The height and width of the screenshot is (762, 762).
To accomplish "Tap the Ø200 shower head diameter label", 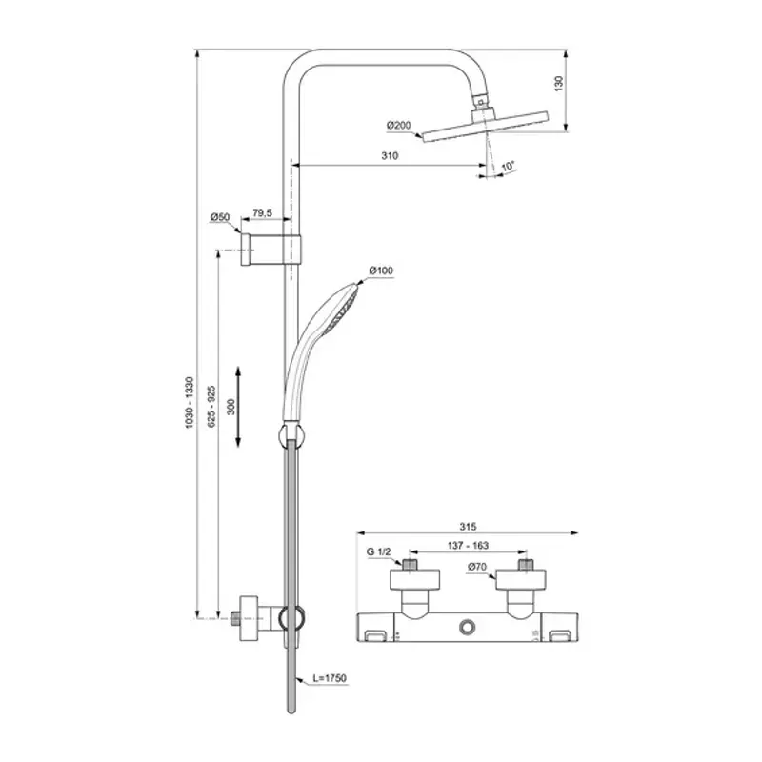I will tap(400, 125).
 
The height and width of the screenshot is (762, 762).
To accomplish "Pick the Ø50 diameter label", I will tap(220, 217).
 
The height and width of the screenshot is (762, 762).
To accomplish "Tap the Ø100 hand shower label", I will tap(381, 271).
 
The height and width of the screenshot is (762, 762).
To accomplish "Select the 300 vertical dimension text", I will tap(230, 406).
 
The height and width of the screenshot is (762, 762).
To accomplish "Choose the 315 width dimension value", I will tap(467, 525).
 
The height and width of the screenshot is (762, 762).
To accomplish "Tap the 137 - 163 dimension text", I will tap(467, 546).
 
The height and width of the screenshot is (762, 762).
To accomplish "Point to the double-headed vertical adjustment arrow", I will tap(239, 406).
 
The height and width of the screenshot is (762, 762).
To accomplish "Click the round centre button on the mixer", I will tap(467, 627).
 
